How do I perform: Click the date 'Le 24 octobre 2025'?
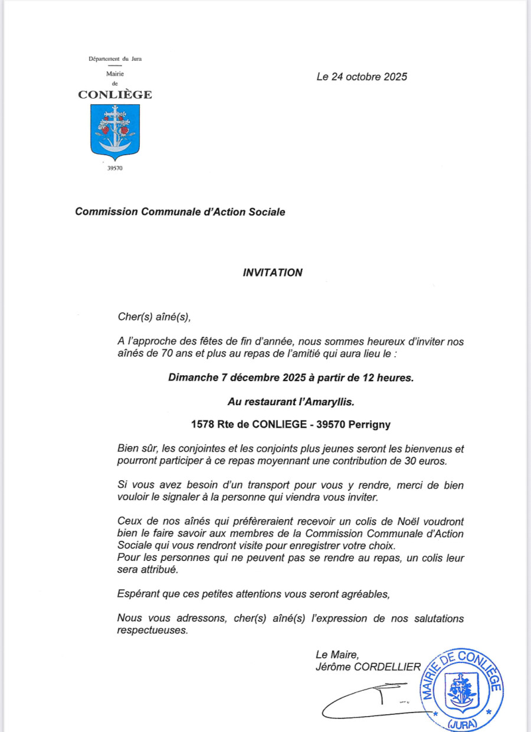click(362, 77)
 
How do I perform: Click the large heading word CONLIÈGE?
click(115, 94)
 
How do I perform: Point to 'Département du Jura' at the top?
click(115, 58)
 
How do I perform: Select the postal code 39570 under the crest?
click(115, 169)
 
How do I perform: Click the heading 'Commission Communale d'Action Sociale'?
click(180, 212)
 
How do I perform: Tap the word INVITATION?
click(273, 273)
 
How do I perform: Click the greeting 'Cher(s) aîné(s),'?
click(154, 317)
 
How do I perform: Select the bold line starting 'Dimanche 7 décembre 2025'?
click(291, 378)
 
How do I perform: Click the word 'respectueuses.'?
click(152, 630)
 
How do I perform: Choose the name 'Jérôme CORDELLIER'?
click(368, 667)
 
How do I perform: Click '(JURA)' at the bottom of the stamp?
click(463, 725)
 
